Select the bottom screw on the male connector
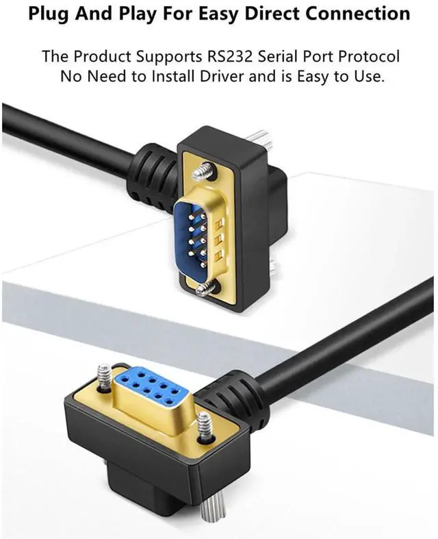(207, 290)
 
